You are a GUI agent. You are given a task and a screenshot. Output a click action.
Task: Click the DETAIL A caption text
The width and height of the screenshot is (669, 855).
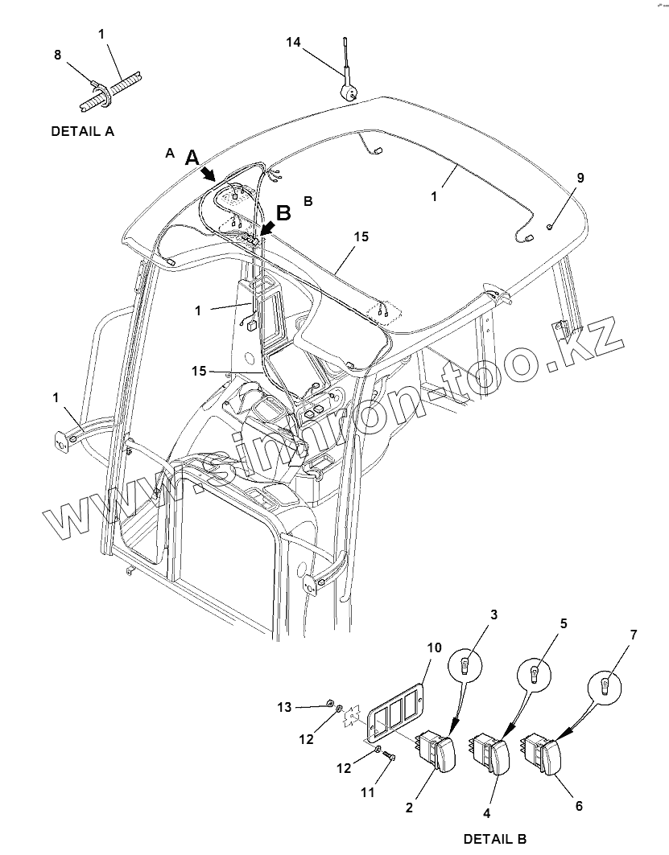[x=82, y=131]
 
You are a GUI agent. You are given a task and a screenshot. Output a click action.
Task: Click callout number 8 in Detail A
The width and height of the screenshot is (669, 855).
[x=57, y=55]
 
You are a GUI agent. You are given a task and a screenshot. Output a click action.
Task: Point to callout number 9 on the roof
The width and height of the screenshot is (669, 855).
[x=580, y=178]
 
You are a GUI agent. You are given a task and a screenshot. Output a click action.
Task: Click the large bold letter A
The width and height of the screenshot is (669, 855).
[x=192, y=158]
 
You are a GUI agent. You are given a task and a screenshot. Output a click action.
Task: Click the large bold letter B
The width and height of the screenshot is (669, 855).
[x=283, y=212]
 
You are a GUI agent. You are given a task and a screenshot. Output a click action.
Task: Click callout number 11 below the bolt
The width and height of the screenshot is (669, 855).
[x=367, y=792]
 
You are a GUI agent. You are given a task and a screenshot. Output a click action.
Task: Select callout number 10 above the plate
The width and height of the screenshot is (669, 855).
[x=434, y=648]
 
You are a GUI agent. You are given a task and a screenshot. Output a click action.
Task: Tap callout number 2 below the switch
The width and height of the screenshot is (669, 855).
[x=410, y=807]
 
